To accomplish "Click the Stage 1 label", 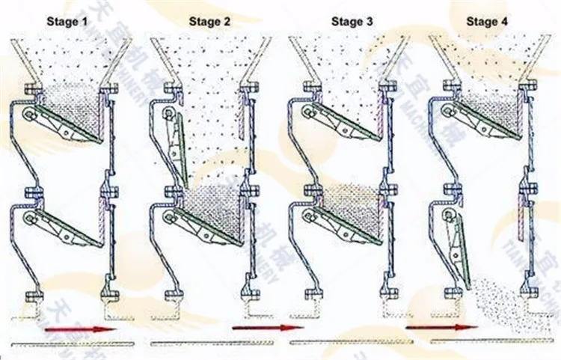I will pos(69,22).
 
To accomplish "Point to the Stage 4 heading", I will pos(488,22).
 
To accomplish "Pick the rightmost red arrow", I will pos(441,328).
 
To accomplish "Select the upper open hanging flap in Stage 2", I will pos(177,146).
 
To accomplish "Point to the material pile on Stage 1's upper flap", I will pos(75,105).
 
